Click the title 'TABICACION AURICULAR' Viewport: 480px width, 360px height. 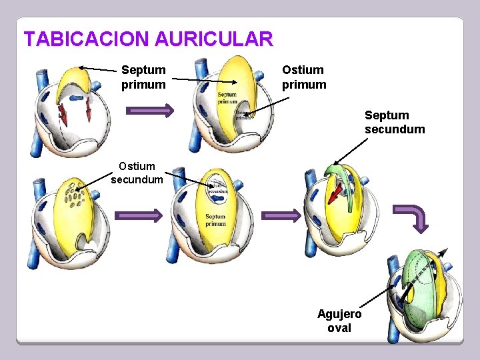pyautogui.click(x=148, y=39)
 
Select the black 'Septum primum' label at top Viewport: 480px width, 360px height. pyautogui.click(x=143, y=77)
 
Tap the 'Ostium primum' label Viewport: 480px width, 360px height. pyautogui.click(x=304, y=77)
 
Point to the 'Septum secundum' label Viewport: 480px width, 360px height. pyautogui.click(x=394, y=123)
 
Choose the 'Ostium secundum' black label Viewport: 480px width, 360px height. pyautogui.click(x=137, y=173)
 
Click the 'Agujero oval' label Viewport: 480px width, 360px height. pyautogui.click(x=339, y=321)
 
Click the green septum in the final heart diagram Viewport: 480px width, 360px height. pyautogui.click(x=413, y=293)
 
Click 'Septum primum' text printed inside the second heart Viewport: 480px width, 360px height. pyautogui.click(x=227, y=98)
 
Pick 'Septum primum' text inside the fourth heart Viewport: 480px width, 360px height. pyautogui.click(x=215, y=220)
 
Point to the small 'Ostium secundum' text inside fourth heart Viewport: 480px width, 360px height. pyautogui.click(x=218, y=188)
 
